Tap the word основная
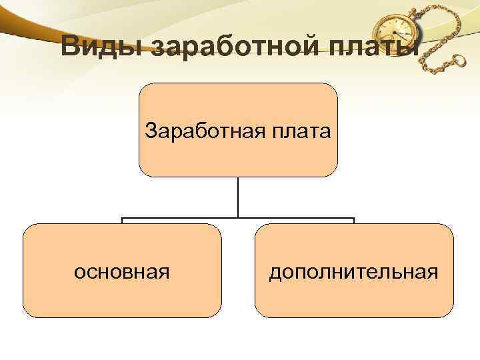click(122, 271)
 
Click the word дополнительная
click(353, 271)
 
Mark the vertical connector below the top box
click(238, 197)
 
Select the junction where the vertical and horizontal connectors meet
click(238, 218)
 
